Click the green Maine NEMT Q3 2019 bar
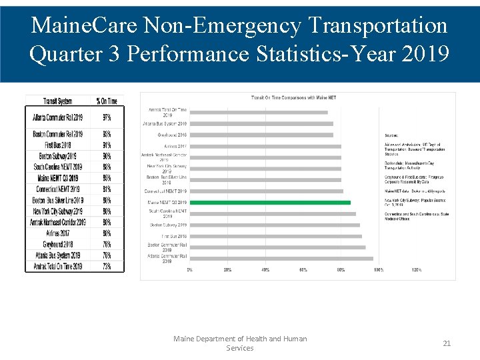click(x=270, y=202)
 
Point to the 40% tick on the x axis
click(x=265, y=270)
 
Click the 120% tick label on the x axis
click(x=417, y=270)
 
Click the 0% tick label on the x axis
click(x=190, y=270)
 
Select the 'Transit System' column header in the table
click(x=58, y=101)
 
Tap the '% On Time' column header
click(x=107, y=101)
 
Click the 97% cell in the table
click(x=107, y=118)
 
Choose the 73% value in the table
click(x=107, y=266)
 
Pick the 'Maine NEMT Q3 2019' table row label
click(x=58, y=178)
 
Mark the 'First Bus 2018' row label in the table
click(x=58, y=145)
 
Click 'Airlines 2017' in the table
click(x=58, y=233)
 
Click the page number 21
click(x=447, y=343)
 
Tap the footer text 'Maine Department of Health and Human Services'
click(x=240, y=343)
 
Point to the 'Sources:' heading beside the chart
click(x=391, y=135)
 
